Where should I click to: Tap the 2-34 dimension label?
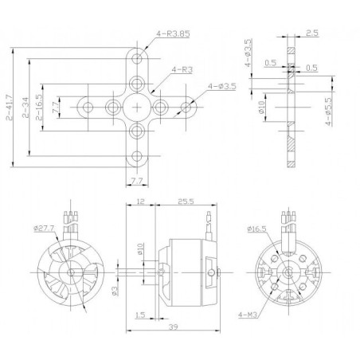pyautogui.click(x=29, y=112)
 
